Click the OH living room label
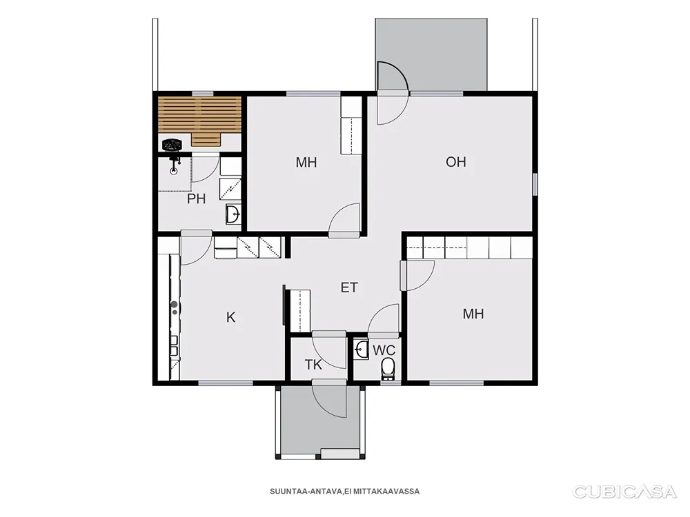[x=455, y=162]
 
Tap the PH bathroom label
[x=196, y=199]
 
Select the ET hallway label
[x=349, y=287]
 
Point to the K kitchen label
[x=230, y=317]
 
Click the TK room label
[x=313, y=365]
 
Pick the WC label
[x=384, y=350]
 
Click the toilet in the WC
[x=388, y=368]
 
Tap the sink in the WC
[x=362, y=349]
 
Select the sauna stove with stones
[x=172, y=144]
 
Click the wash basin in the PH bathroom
[x=233, y=214]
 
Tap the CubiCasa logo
[x=624, y=491]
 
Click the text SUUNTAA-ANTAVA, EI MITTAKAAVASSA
[x=344, y=491]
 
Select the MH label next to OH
[x=306, y=163]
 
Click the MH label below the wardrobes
[x=473, y=314]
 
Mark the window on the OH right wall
[x=535, y=184]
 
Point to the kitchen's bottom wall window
[x=226, y=383]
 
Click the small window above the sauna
[x=203, y=93]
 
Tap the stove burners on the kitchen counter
[x=175, y=307]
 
